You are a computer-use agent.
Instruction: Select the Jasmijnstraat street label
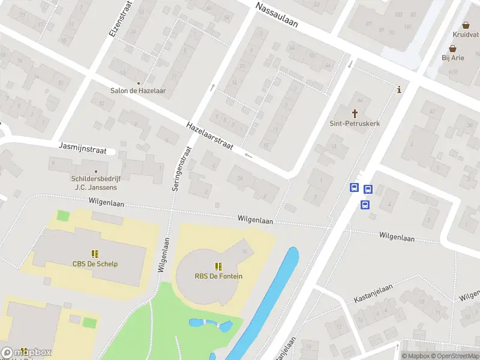83,148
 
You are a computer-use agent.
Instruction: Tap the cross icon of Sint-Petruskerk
355,113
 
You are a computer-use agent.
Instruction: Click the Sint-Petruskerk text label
355,124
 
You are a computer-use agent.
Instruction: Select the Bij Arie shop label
453,58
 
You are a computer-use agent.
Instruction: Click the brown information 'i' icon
399,90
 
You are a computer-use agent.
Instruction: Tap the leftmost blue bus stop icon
354,188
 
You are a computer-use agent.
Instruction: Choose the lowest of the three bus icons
365,205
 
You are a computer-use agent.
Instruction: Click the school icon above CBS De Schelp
95,254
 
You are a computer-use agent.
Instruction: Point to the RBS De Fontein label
218,276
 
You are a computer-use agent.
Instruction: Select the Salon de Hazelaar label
138,91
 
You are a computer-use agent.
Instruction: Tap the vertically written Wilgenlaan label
161,254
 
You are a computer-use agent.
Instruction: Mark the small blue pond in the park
210,325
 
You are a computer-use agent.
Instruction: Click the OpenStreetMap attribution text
452,356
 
